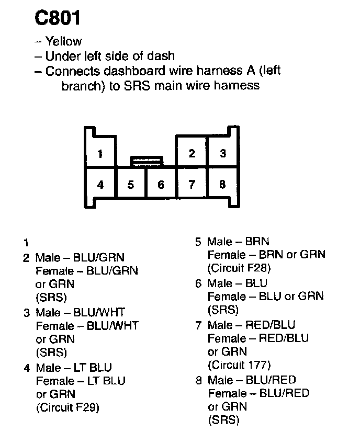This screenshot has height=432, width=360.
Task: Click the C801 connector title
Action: tap(58, 18)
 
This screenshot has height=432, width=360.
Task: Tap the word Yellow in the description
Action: tap(63, 42)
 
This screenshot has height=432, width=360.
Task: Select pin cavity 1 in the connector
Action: tap(99, 154)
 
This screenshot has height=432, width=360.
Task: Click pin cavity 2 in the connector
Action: tap(192, 153)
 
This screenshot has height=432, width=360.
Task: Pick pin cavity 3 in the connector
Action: tap(222, 153)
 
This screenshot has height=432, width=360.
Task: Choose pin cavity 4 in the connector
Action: tap(100, 184)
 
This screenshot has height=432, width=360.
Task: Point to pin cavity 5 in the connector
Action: tap(131, 184)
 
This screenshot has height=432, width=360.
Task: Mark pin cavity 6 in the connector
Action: tap(161, 184)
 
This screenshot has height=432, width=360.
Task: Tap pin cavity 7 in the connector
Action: tap(192, 184)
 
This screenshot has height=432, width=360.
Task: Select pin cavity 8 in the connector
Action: tap(222, 184)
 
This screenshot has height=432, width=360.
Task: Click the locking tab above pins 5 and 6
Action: tap(146, 161)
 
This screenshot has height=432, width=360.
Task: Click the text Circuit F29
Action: tap(67, 407)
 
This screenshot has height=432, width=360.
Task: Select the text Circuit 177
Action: tap(239, 365)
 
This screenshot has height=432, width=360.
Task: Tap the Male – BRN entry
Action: tap(238, 242)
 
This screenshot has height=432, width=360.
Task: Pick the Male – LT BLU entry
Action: tap(74, 368)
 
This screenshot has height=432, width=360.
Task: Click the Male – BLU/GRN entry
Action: tap(80, 257)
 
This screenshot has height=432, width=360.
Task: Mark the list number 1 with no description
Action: tap(25, 243)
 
